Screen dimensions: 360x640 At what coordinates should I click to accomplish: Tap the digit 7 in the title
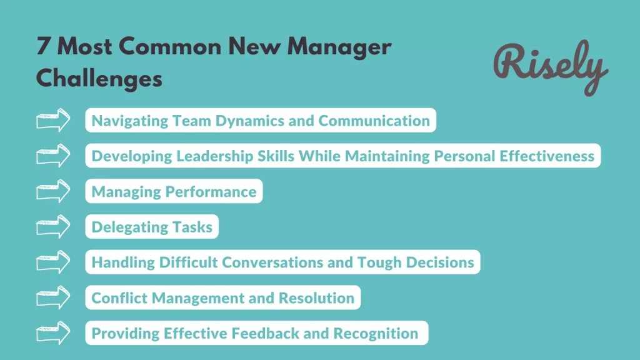(x=43, y=47)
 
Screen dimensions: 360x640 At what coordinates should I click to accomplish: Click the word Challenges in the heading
(x=99, y=79)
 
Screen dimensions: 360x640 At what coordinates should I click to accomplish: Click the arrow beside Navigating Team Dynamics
(x=54, y=121)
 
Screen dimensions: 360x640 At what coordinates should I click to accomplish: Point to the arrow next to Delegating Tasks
(x=54, y=227)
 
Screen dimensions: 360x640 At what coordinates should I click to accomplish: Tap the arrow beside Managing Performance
(x=54, y=191)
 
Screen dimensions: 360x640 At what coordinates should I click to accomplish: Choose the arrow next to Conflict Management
(x=54, y=297)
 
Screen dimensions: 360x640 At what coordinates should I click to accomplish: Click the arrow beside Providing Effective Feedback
(x=54, y=333)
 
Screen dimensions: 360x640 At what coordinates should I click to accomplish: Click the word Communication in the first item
(x=374, y=121)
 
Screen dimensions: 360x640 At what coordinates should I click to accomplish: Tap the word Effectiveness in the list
(x=547, y=156)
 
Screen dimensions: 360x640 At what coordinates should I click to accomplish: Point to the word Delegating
(x=129, y=227)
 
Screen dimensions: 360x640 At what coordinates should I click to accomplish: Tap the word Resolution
(x=316, y=298)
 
